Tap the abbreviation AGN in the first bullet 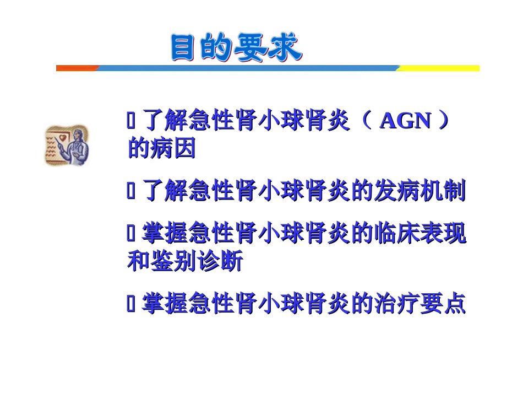click(x=405, y=121)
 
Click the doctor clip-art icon click(x=67, y=144)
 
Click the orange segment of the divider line click(x=77, y=68)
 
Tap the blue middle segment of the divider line click(x=248, y=68)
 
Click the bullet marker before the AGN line click(x=131, y=121)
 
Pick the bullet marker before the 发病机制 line click(x=131, y=191)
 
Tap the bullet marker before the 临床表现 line click(x=131, y=235)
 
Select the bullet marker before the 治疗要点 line click(x=131, y=304)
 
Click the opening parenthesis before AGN click(x=367, y=121)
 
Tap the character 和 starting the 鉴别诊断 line click(x=138, y=262)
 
